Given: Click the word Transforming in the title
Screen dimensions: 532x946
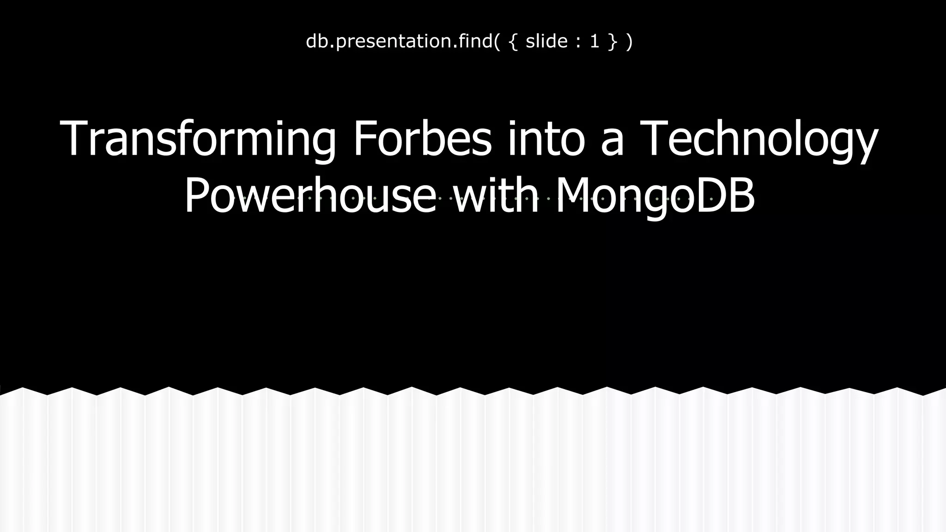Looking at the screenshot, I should coord(198,139).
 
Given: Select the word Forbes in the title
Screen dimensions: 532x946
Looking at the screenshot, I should coord(422,139).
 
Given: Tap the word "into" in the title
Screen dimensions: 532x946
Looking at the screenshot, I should coord(547,139).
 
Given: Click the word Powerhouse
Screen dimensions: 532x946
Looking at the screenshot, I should coord(310,196).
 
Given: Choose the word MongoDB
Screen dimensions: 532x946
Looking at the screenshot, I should coord(655,196).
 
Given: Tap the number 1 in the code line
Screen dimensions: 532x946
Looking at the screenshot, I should coord(594,42).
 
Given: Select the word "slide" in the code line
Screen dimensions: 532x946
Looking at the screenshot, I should coord(546,42).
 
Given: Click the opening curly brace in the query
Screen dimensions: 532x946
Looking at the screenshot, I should coord(512,42).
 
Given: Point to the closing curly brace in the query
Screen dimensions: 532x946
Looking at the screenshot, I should coord(612,42).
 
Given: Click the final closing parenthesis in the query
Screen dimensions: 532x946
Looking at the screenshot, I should coord(629,42).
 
